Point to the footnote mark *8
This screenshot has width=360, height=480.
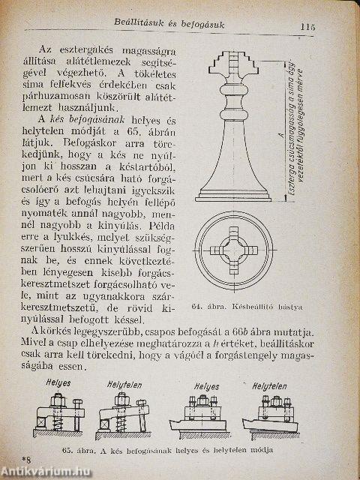point(28,457)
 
